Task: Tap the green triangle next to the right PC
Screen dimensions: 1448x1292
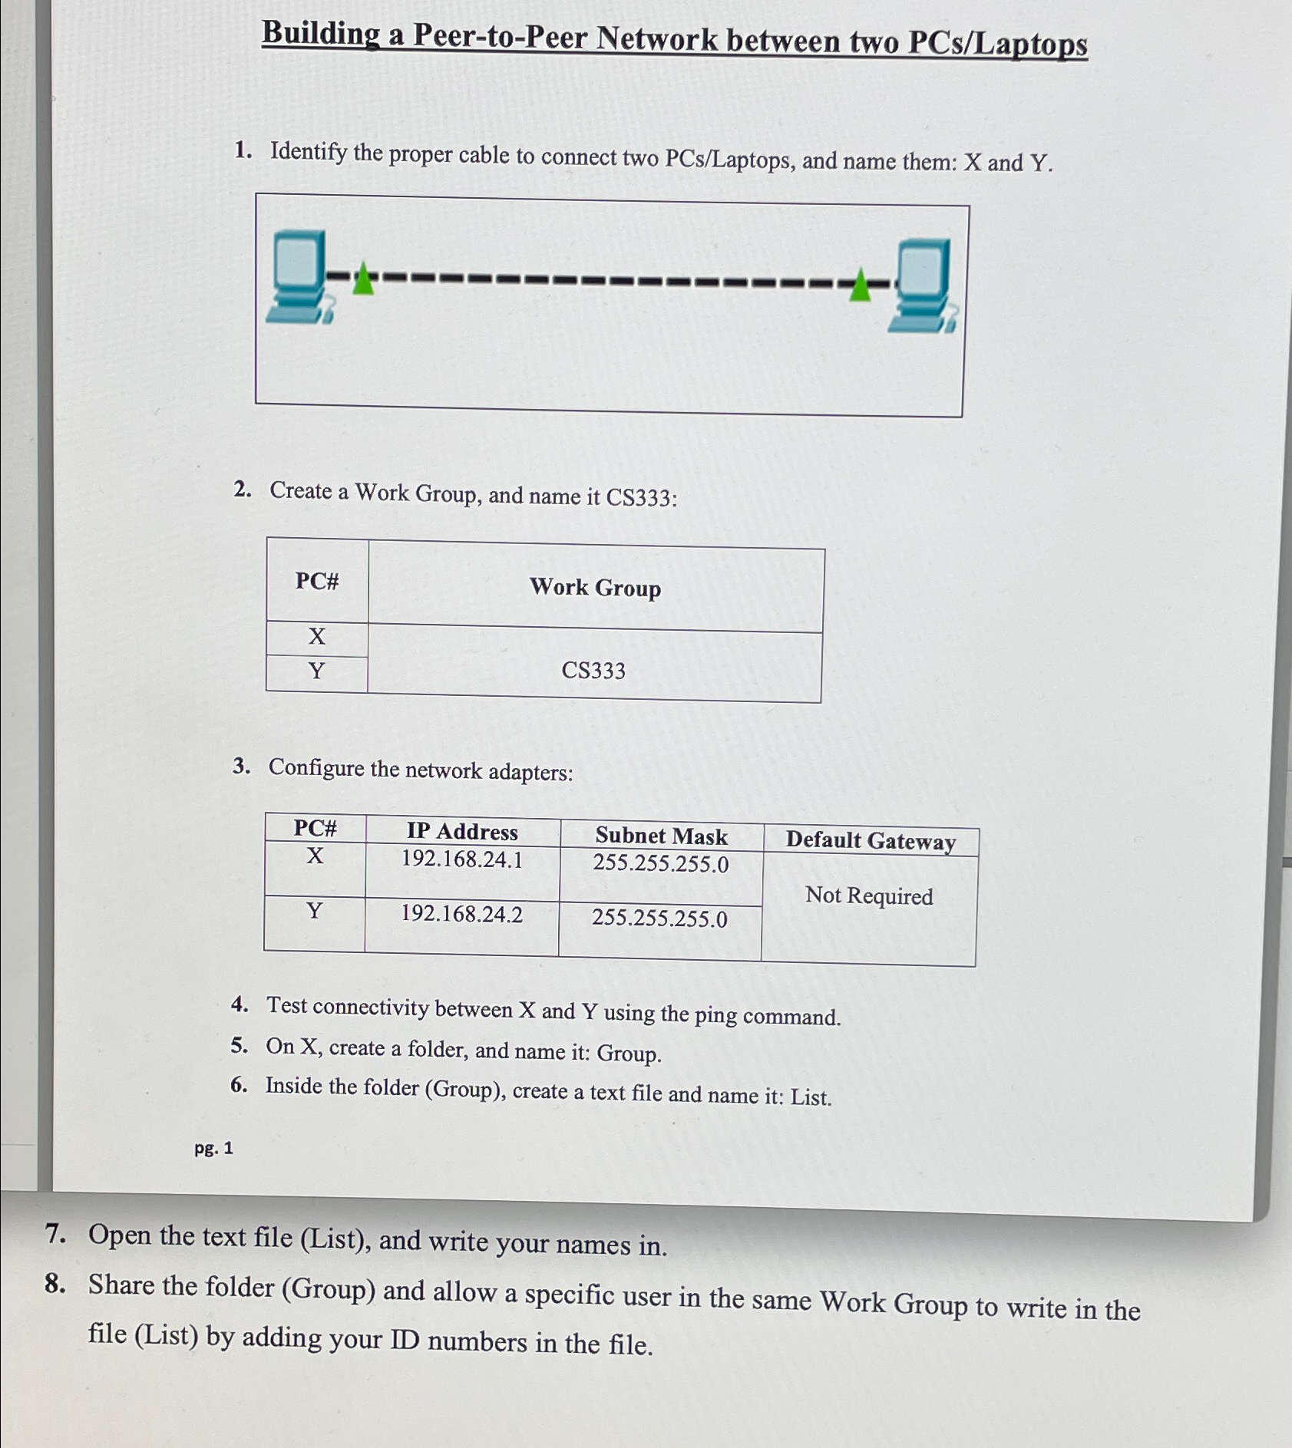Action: click(860, 286)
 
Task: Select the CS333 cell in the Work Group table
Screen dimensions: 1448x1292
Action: click(593, 670)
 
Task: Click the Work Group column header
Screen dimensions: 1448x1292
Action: click(595, 588)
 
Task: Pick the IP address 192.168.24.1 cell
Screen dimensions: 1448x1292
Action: click(462, 859)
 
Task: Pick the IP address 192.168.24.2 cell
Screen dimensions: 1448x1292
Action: click(461, 914)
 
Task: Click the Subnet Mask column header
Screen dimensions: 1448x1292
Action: click(661, 836)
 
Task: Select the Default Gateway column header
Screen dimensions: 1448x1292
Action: click(871, 840)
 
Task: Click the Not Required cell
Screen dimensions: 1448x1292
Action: click(869, 896)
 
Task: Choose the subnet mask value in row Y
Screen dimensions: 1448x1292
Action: click(659, 918)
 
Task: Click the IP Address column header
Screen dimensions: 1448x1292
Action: click(462, 831)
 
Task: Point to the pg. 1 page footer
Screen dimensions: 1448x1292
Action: click(213, 1148)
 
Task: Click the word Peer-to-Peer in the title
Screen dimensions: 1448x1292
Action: click(500, 37)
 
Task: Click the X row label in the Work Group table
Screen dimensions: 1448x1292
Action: click(316, 636)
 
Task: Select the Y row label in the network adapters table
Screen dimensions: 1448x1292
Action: click(314, 911)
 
